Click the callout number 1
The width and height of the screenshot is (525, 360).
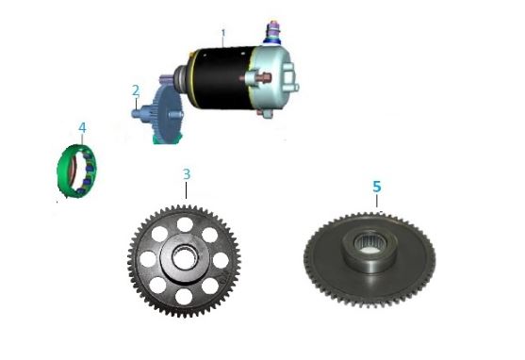click(223, 34)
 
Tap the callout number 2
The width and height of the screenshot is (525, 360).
click(136, 90)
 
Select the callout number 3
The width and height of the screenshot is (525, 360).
click(187, 174)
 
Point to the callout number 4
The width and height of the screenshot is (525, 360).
click(82, 128)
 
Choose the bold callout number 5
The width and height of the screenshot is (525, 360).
click(377, 187)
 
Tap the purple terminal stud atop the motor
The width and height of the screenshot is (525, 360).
click(274, 29)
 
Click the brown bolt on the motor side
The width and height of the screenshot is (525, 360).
click(265, 78)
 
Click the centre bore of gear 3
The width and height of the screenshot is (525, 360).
click(184, 257)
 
